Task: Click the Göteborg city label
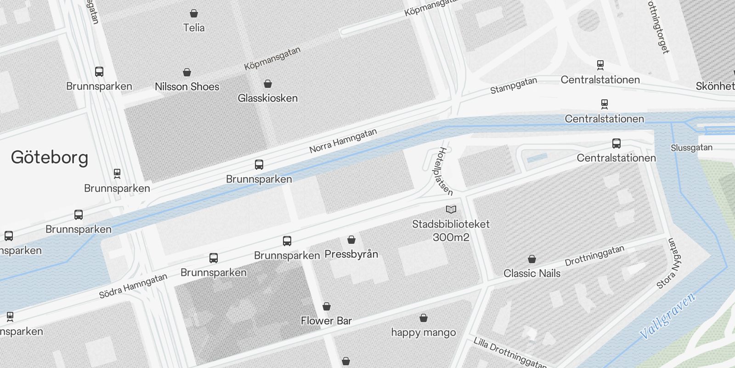[x=50, y=157]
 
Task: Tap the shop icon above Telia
[x=194, y=14]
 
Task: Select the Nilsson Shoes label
[x=187, y=86]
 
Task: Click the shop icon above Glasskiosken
[x=268, y=84]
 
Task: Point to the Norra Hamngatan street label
[x=343, y=141]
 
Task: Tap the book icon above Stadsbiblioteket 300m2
[x=451, y=210]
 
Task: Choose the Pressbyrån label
[x=351, y=254]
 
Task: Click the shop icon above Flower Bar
[x=327, y=306]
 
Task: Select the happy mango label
[x=424, y=332]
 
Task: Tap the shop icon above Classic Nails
[x=532, y=259]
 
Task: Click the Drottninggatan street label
[x=594, y=256]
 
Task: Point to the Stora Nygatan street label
[x=669, y=263]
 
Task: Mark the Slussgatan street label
[x=691, y=148]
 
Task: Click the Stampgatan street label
[x=513, y=86]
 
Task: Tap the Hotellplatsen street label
[x=442, y=171]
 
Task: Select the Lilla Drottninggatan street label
[x=510, y=353]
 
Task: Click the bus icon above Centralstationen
[x=616, y=144]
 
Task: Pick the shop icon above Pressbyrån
[x=351, y=240]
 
